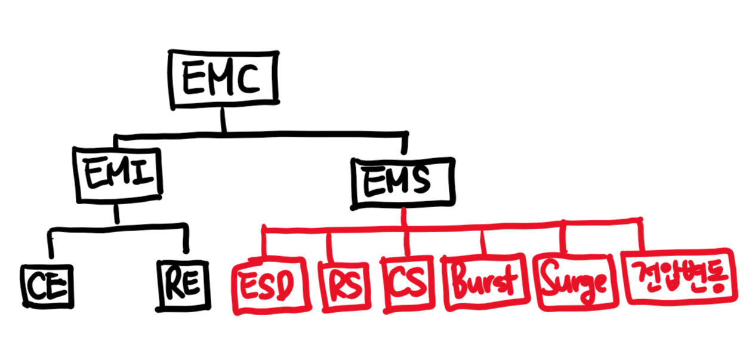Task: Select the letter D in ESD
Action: pos(288,286)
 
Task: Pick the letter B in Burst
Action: pos(461,282)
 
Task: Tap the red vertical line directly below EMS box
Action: pos(405,217)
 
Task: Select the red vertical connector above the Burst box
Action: pos(484,242)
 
